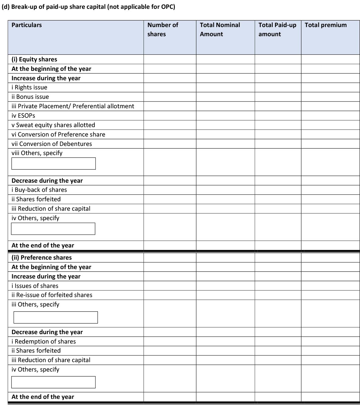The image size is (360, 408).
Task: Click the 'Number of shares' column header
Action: coord(163,29)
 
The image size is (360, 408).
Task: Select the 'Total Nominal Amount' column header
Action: coord(220,29)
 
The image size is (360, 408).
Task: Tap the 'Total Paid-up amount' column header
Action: coord(277,29)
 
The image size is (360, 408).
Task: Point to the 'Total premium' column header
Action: coord(325,25)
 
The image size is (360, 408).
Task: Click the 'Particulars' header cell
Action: coord(27,25)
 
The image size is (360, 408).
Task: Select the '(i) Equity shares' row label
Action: coord(34,59)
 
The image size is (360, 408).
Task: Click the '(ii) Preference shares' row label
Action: coord(42,258)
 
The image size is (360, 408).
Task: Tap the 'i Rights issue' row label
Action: coord(29,88)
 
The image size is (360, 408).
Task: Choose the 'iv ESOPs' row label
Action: coord(23,116)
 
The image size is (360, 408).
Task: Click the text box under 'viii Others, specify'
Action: coord(54,164)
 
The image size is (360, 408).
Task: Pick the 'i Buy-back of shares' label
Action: coord(39,190)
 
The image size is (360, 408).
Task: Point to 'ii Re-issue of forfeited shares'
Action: coord(52,295)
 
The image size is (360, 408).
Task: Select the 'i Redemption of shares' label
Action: coord(44,341)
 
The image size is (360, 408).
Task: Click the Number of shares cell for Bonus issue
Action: coord(170,97)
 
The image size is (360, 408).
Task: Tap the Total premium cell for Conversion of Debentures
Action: coord(330,144)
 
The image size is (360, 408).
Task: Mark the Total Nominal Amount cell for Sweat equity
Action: coord(225,125)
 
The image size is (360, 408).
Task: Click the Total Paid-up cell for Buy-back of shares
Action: coord(278,190)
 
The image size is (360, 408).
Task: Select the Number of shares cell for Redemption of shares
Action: coord(170,341)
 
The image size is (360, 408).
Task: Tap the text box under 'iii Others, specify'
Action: coord(56,317)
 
